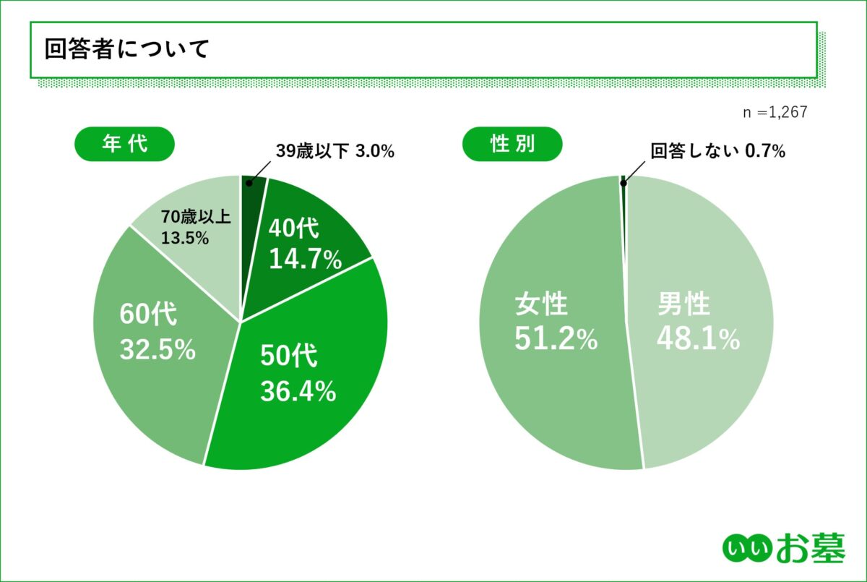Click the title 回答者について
click(126, 50)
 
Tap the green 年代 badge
click(125, 144)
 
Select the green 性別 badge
click(512, 144)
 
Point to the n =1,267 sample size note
click(775, 112)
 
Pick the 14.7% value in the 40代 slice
click(305, 259)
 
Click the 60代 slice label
click(148, 315)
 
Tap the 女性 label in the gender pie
click(541, 305)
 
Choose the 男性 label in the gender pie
click(683, 305)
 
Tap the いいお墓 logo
click(784, 549)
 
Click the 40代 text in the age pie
click(293, 228)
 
